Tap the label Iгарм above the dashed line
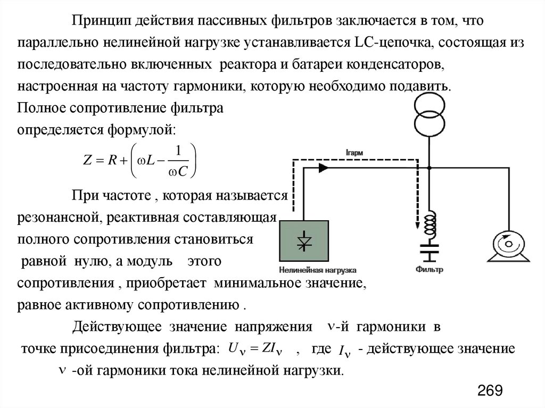[x=354, y=153]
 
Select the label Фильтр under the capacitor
[x=430, y=270]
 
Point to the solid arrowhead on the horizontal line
[x=323, y=167]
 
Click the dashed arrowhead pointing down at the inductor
[x=417, y=224]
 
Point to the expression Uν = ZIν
[x=254, y=349]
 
